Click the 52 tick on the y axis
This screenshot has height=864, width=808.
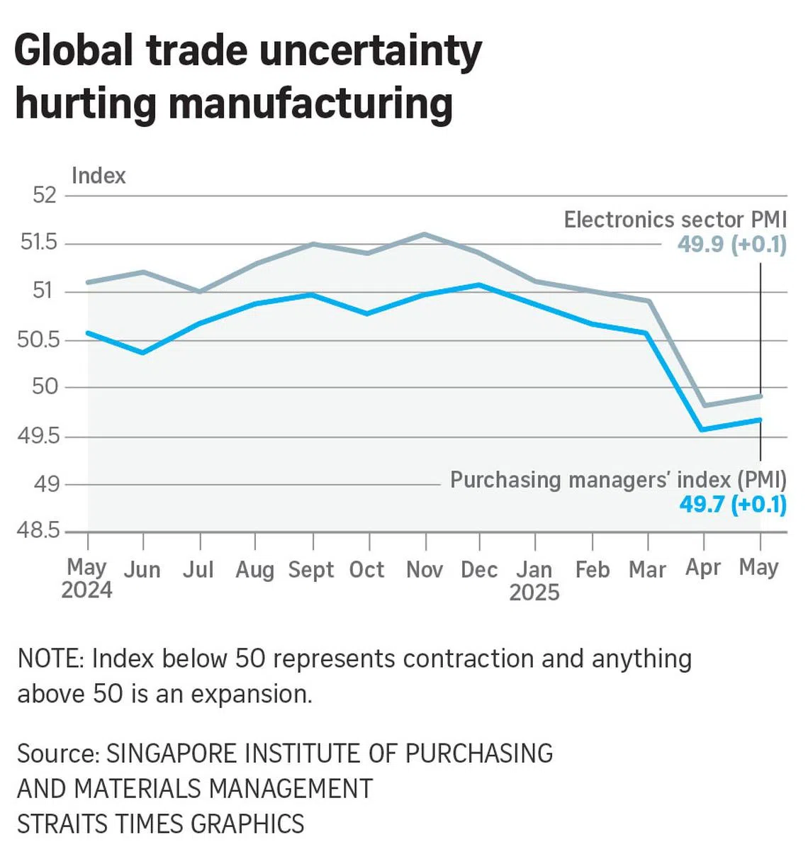coord(44,195)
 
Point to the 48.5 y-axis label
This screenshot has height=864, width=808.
coord(38,530)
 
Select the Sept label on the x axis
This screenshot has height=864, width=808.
coord(310,570)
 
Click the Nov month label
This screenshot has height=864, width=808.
coord(425,570)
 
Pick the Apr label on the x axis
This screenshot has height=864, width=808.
coord(702,568)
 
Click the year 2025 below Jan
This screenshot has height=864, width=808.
coord(534,593)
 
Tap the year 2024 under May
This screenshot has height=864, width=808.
coord(86,590)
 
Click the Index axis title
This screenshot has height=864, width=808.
coord(99,176)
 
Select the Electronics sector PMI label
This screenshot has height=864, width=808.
coord(675,220)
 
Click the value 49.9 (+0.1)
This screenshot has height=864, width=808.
coord(731,245)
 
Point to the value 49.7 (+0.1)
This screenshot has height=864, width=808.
coord(733,505)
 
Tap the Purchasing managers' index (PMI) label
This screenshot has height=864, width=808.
coord(618,480)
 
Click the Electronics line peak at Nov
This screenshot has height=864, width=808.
coord(425,234)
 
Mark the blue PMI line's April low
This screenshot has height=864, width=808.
coord(702,430)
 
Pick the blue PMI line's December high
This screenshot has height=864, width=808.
coord(481,285)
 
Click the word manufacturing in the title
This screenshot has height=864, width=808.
coord(310,103)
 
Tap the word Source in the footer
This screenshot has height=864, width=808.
coord(57,753)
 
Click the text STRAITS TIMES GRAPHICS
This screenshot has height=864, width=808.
coord(161,824)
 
